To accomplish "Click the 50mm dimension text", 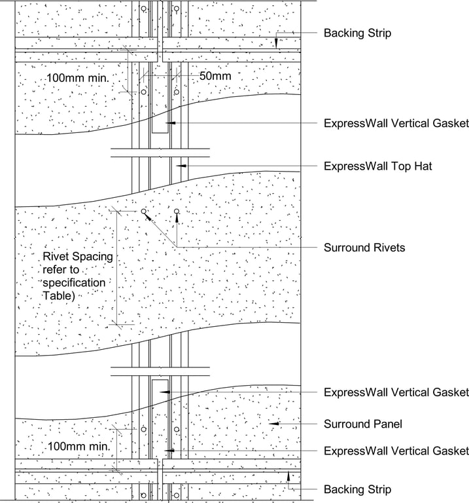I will point(215,76).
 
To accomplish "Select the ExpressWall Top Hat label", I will point(377,166).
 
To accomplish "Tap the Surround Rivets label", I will point(364,248).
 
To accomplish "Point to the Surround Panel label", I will point(362,424).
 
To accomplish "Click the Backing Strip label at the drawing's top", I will point(357,33).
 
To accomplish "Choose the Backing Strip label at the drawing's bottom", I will point(357,489).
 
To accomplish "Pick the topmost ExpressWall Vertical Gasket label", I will point(396,123).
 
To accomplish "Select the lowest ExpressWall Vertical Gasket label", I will point(396,451).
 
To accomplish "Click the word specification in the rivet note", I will point(73,282).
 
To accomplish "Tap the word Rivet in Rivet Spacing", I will point(56,256).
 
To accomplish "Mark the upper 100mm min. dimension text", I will point(77,78).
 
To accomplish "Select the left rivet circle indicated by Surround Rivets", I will point(143,212).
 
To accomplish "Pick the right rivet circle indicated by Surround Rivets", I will point(177,212).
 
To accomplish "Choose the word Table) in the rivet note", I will point(59,295).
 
